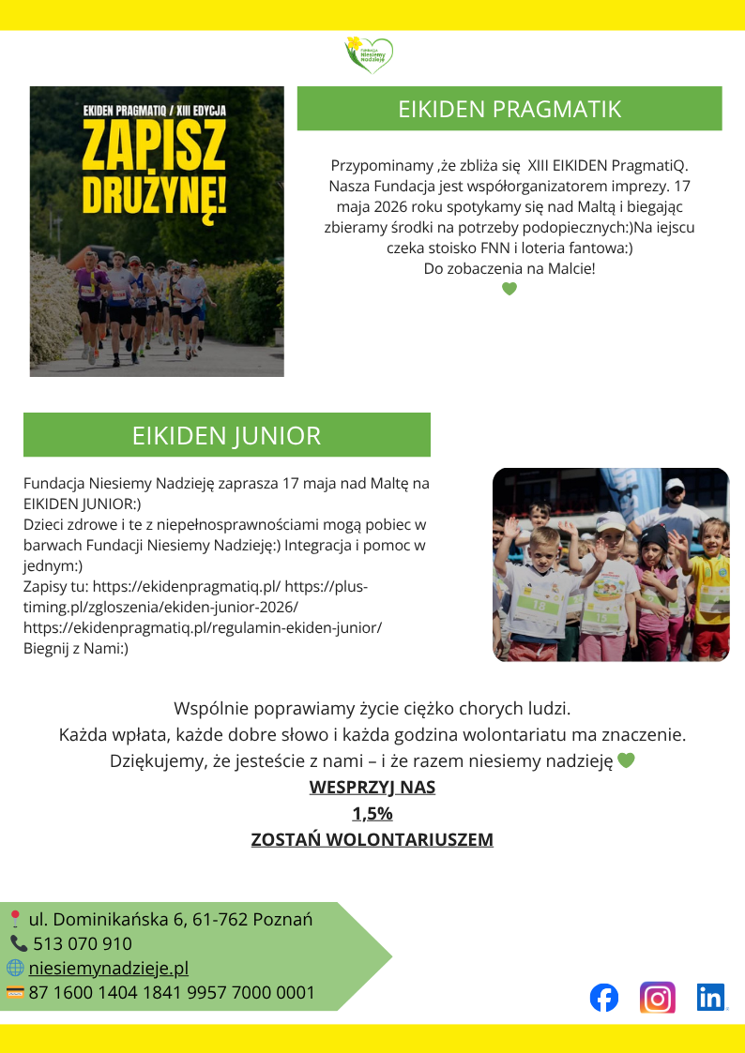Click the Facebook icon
point(604,997)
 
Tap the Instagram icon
point(658,997)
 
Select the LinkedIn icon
point(711,997)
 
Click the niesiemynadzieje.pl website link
point(109,968)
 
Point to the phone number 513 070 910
point(83,943)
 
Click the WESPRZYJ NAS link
point(372,787)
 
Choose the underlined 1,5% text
point(372,813)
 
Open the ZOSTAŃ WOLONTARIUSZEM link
point(372,839)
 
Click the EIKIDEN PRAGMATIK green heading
point(509,109)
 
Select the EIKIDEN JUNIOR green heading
point(226,435)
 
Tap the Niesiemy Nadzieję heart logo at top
point(369,53)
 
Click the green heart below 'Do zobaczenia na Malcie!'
point(509,289)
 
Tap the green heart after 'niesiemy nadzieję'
point(626,760)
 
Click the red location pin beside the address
point(15,919)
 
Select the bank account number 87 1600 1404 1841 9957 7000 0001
point(172,992)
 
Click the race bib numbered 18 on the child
point(539,606)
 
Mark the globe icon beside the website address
point(15,968)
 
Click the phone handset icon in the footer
point(19,943)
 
